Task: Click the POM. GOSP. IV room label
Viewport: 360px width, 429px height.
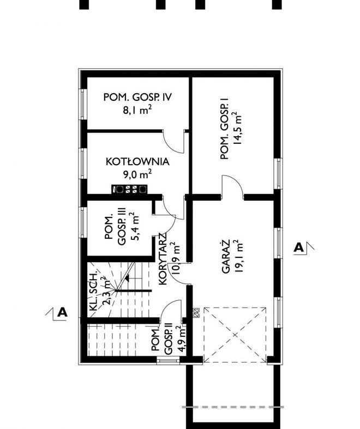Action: pyautogui.click(x=138, y=98)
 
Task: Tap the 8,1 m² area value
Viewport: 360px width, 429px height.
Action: pyautogui.click(x=137, y=111)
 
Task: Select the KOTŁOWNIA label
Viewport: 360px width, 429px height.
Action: pyautogui.click(x=137, y=162)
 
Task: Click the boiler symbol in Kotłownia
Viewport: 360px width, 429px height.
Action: pyautogui.click(x=129, y=190)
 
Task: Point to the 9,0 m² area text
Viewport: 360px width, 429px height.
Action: pyautogui.click(x=136, y=174)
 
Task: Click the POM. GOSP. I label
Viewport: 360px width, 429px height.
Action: pyautogui.click(x=224, y=129)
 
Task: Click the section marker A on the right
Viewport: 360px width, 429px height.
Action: pyautogui.click(x=298, y=248)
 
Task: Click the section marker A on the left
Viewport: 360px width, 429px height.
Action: pyautogui.click(x=62, y=312)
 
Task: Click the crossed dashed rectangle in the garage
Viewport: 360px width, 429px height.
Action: pyautogui.click(x=235, y=334)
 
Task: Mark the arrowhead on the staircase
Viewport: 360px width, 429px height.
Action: pyautogui.click(x=127, y=279)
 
